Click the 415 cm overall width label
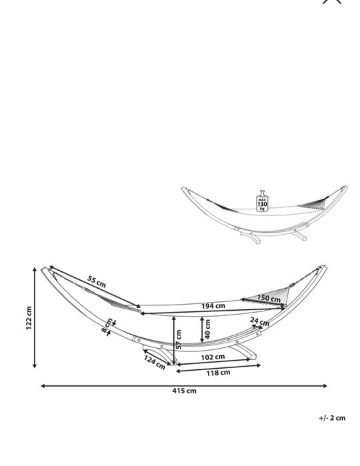[x=184, y=391]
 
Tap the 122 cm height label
[x=29, y=318]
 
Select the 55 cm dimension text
[x=97, y=282]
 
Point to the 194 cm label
[x=213, y=306]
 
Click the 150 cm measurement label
[x=269, y=298]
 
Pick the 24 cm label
[x=259, y=321]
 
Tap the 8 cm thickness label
[x=107, y=326]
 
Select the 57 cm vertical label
[x=179, y=339]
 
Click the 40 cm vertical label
[x=207, y=329]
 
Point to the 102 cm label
[x=213, y=357]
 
